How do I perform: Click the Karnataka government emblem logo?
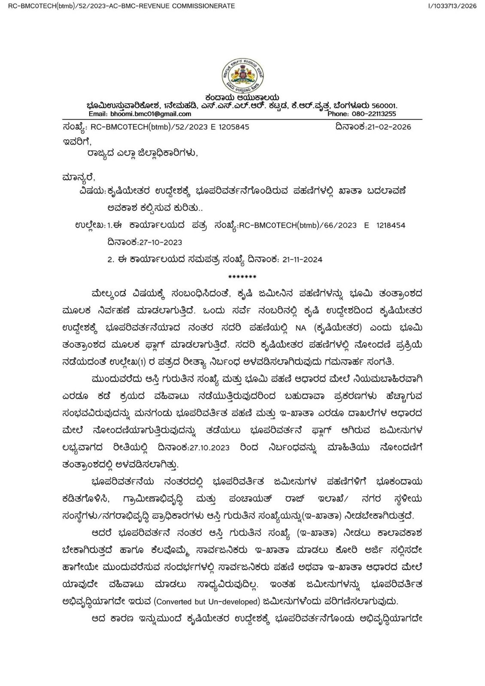(x=242, y=77)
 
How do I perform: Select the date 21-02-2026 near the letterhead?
(x=389, y=127)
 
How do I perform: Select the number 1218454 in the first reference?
(x=391, y=226)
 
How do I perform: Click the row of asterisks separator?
(x=242, y=277)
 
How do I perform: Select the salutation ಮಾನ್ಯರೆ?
(x=79, y=177)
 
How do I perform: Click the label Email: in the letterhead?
(x=98, y=114)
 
